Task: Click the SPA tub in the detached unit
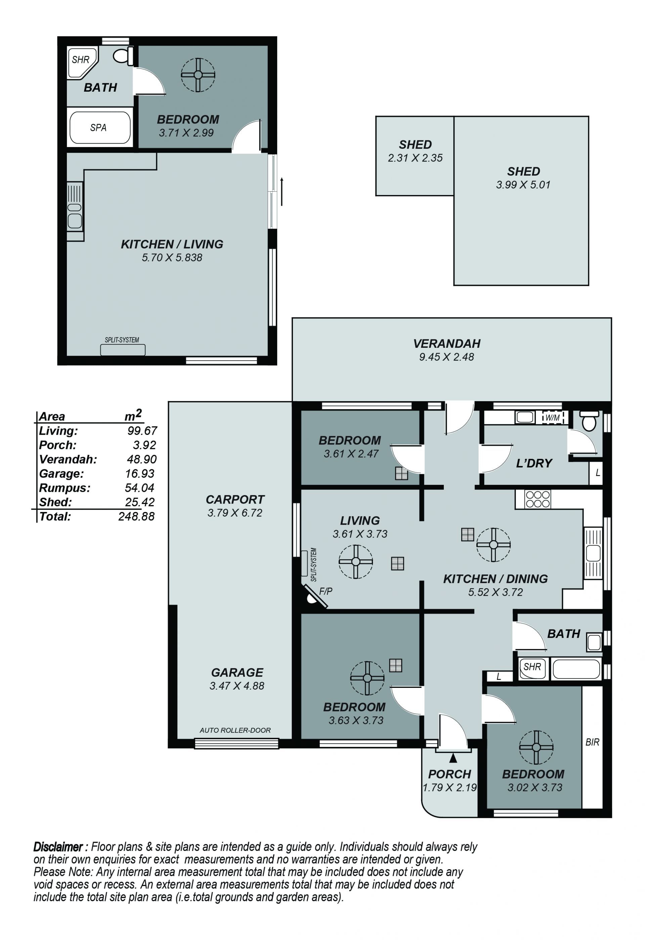coord(100,128)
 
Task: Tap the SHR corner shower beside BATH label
coord(82,62)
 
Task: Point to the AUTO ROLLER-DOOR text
coord(235,730)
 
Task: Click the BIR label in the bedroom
coord(592,742)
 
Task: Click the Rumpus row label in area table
coord(65,488)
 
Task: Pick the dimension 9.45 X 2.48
coord(446,357)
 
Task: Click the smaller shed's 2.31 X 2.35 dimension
coord(415,158)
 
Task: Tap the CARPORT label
coord(235,499)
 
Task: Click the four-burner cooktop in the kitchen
coord(537,499)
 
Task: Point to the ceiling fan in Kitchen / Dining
coord(493,545)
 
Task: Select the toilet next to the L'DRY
coord(589,421)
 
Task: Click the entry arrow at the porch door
coord(453,758)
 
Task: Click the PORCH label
coord(449,774)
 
